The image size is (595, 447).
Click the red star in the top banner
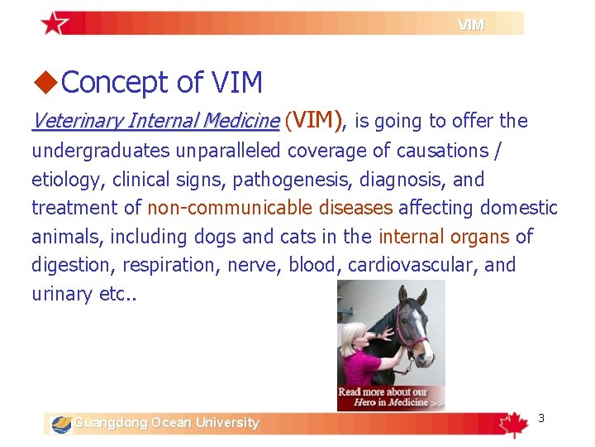[55, 23]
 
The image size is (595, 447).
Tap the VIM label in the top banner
[471, 25]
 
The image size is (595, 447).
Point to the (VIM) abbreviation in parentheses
[314, 121]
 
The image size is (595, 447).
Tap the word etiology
[62, 180]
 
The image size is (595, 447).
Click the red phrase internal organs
[444, 237]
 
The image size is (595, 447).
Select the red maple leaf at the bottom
[513, 424]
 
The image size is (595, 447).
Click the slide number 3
[541, 418]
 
